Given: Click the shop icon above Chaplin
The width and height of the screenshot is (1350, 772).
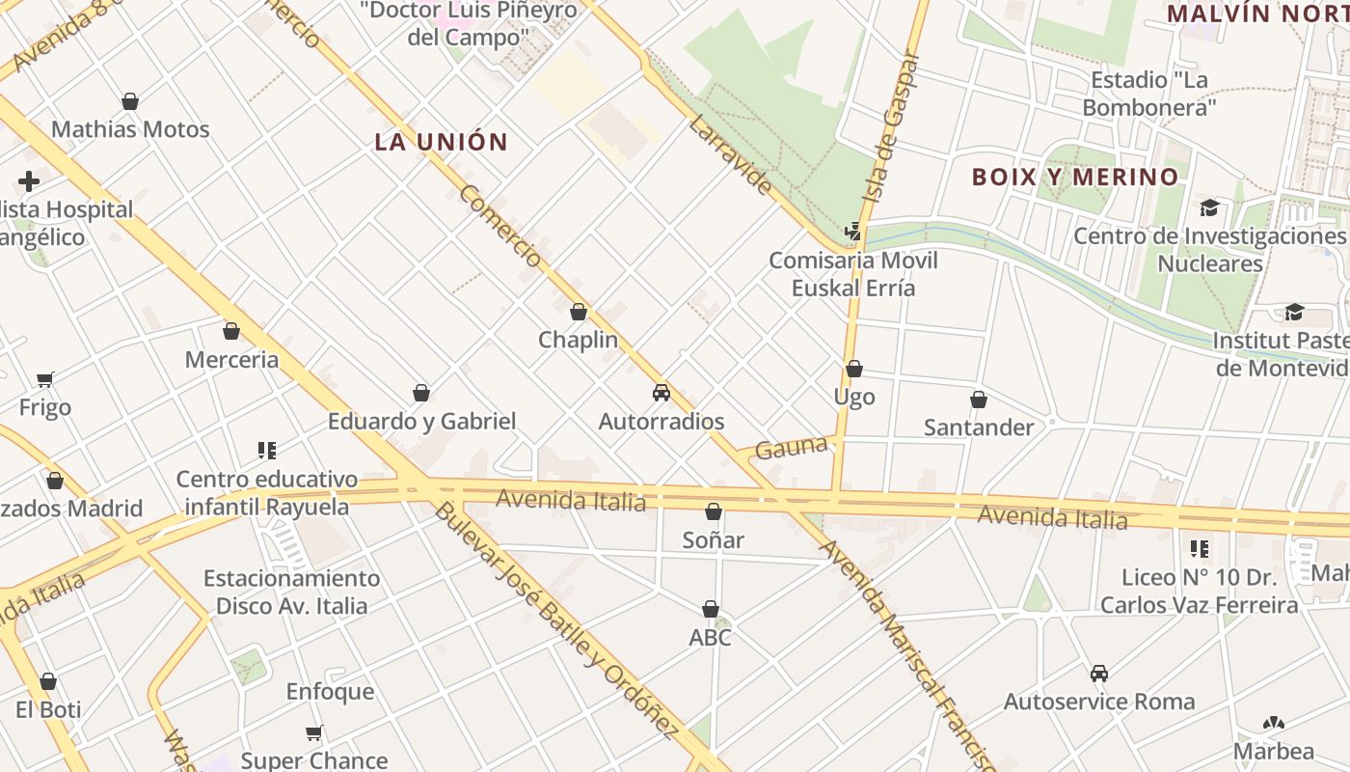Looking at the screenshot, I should coord(579,312).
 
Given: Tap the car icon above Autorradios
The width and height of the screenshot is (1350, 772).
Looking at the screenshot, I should coord(661,393).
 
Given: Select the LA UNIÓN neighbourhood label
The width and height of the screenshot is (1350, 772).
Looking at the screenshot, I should coord(441,142).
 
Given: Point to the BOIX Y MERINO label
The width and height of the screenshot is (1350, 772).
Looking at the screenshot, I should coord(1075,177).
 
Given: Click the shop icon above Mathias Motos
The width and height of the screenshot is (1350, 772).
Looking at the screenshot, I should coord(130,101).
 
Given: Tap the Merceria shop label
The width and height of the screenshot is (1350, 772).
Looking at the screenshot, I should coord(231,360).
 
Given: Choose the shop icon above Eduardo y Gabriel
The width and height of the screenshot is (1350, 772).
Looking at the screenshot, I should coord(421,393).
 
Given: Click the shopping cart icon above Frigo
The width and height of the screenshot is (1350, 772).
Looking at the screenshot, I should coord(45,379).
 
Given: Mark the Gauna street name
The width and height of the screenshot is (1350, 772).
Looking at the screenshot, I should coord(792,448).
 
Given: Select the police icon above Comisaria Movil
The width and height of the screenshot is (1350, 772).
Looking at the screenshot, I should coord(852,232).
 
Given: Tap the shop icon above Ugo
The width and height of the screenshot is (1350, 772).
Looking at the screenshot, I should coord(854,369).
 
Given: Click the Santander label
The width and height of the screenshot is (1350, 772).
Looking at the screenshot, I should coord(979,427).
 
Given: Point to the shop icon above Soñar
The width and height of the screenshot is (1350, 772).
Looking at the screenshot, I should coord(714,511).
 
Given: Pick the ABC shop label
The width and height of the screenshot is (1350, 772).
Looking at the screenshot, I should coord(710,637).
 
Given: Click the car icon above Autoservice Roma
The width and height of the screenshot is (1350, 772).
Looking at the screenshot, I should coord(1098,674).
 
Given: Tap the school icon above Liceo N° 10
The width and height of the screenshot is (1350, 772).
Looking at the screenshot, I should coord(1200,549).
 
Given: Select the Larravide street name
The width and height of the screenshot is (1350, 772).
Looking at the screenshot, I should coord(731,154).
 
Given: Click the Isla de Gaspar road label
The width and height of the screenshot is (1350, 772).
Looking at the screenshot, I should coord(892,125).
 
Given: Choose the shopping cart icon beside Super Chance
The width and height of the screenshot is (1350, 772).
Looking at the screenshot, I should coord(314,732).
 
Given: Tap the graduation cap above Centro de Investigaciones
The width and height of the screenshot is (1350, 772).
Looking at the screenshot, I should coord(1209,207).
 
